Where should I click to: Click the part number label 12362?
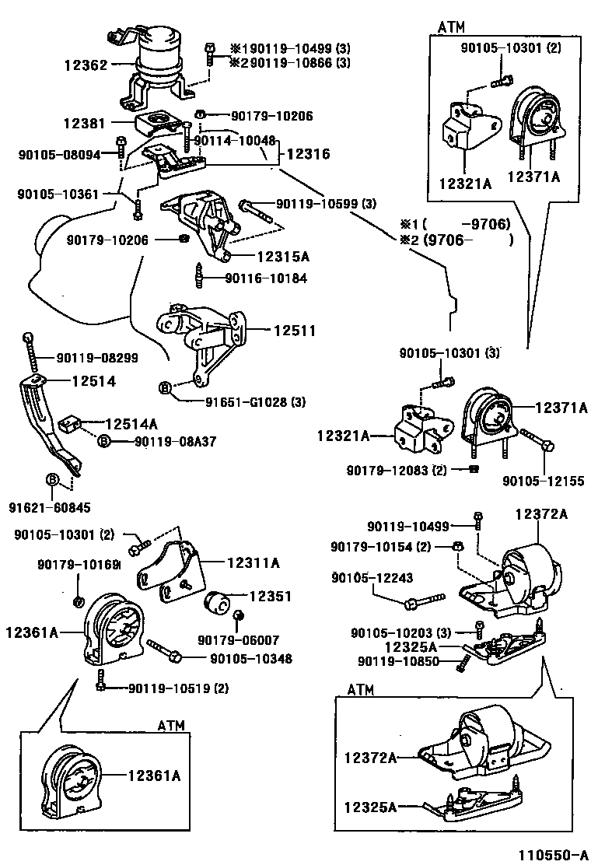(86, 66)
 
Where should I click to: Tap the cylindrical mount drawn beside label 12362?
(159, 54)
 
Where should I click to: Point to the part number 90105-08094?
(59, 154)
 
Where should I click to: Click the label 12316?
(308, 154)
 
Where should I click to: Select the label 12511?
(294, 331)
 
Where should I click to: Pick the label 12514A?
(131, 423)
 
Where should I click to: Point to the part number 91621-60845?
(49, 508)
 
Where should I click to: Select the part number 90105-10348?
(250, 659)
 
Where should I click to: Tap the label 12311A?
(254, 562)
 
